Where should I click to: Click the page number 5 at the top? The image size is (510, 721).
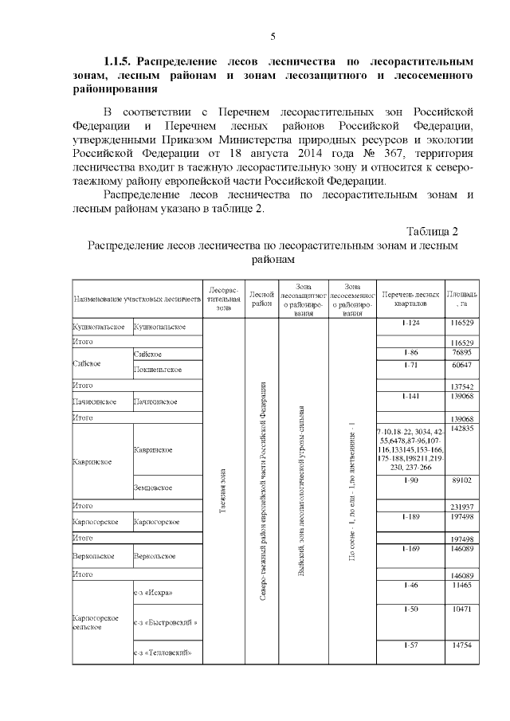[273, 36]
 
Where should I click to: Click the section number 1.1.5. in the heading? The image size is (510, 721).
[121, 61]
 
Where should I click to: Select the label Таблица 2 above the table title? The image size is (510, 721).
[432, 231]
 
